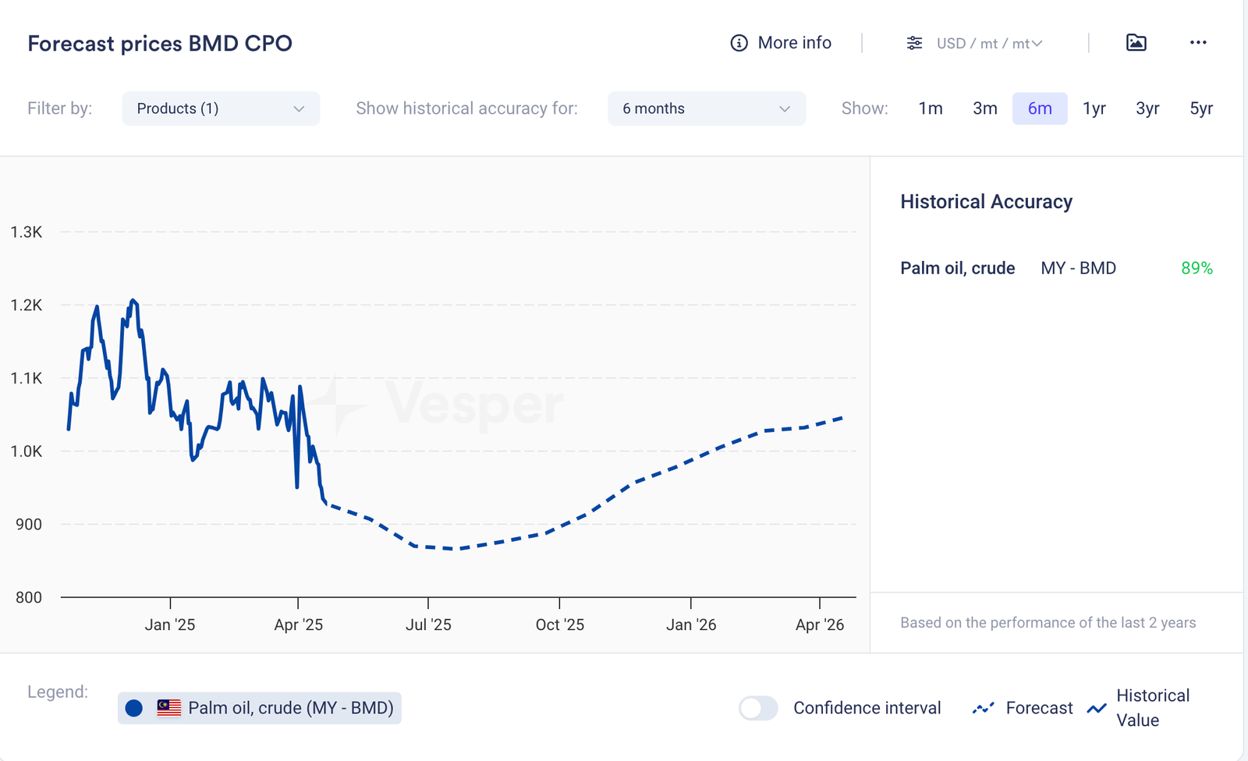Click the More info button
click(x=781, y=43)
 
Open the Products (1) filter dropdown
click(x=221, y=108)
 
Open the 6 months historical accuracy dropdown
click(x=706, y=108)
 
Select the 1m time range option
click(x=931, y=108)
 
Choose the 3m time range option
click(x=985, y=108)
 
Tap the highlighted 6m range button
click(x=1040, y=108)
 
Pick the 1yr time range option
click(x=1094, y=108)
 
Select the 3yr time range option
click(x=1147, y=108)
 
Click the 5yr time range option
click(x=1201, y=108)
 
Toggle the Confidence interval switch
click(x=758, y=708)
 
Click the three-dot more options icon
click(x=1198, y=43)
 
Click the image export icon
click(x=1136, y=43)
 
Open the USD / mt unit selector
click(x=975, y=44)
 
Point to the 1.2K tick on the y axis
click(x=27, y=305)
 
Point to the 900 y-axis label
click(x=29, y=524)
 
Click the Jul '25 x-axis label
click(x=428, y=625)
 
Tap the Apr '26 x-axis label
click(x=820, y=625)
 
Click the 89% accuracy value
click(x=1197, y=268)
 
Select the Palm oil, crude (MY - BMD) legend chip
click(x=260, y=708)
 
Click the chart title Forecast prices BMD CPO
click(x=160, y=44)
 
